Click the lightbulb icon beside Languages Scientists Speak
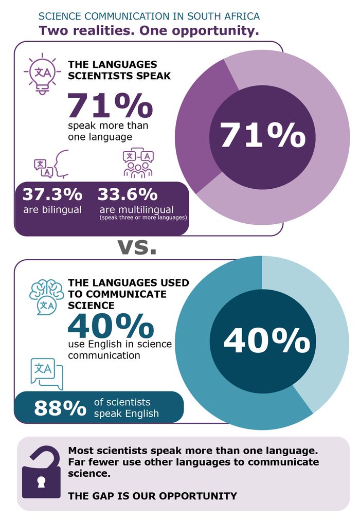[42, 74]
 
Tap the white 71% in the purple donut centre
[263, 135]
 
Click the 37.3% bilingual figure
[52, 194]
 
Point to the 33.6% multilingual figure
[128, 194]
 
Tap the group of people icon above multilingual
[138, 163]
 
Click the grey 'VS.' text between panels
[137, 247]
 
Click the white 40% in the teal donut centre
[267, 340]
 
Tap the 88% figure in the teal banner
[60, 408]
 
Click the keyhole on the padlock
[41, 482]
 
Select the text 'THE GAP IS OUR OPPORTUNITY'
[153, 496]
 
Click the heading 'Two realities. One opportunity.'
[149, 30]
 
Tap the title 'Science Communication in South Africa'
[149, 16]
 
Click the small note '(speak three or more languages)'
[143, 218]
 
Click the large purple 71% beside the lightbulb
[111, 105]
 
